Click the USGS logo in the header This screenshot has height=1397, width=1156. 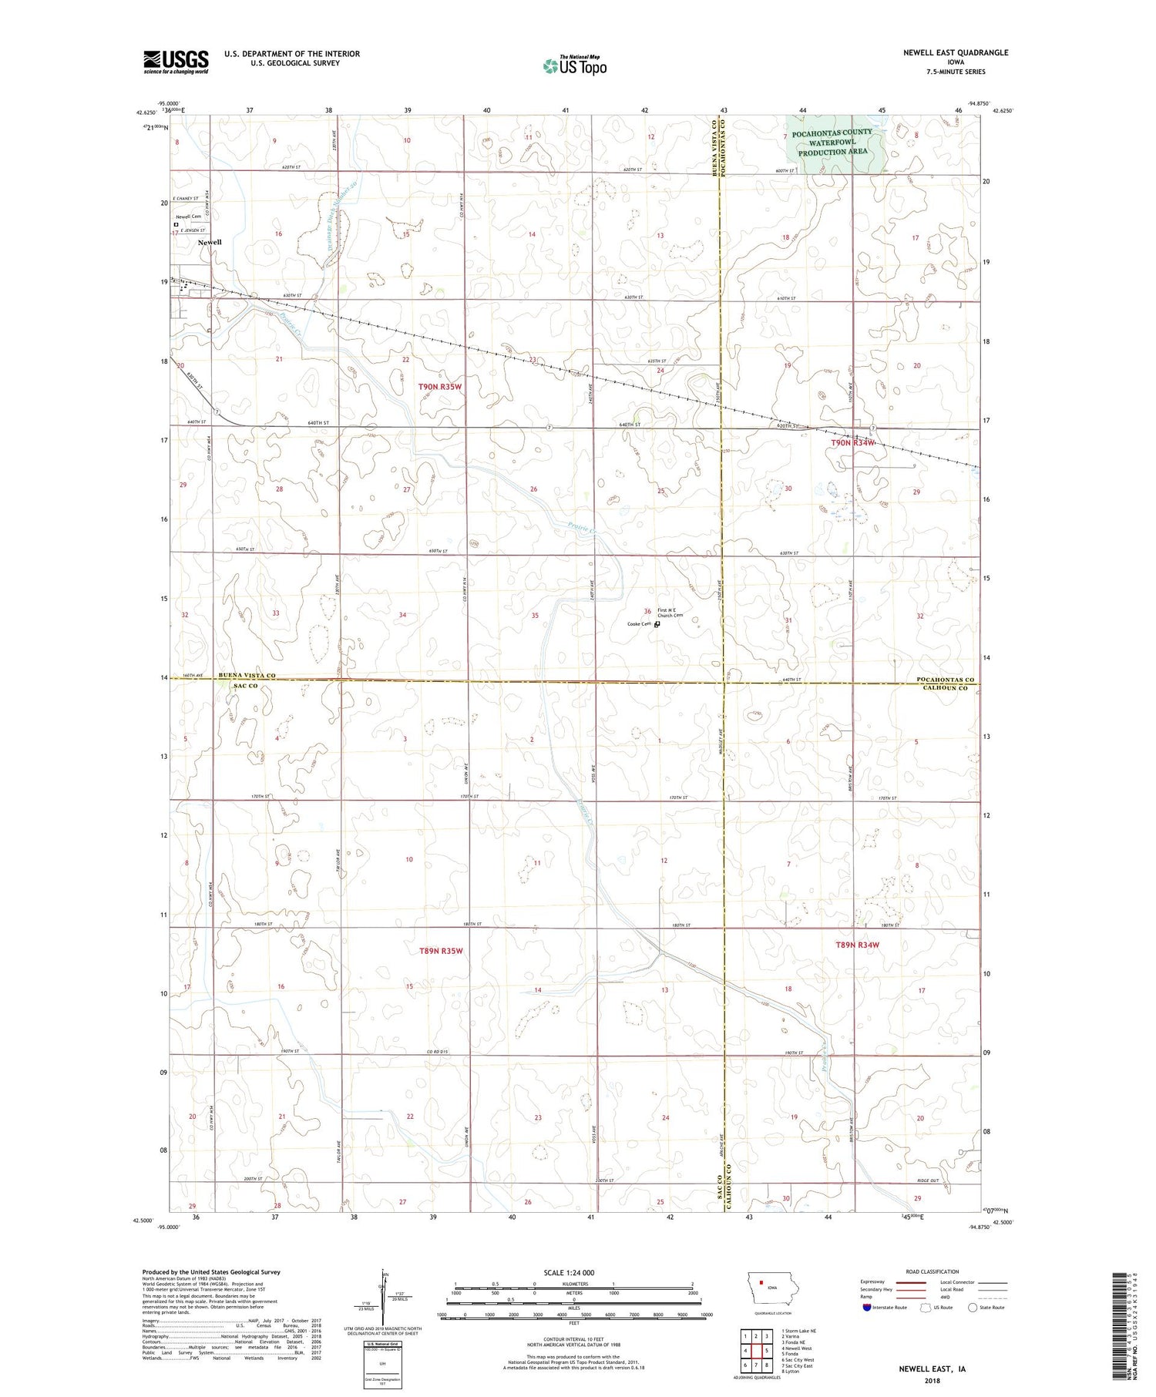tap(176, 62)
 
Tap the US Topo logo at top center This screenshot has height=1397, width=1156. tap(574, 66)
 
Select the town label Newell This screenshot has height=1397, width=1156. tap(210, 242)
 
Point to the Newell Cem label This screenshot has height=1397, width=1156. tap(188, 217)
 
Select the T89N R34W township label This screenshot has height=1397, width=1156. tap(857, 945)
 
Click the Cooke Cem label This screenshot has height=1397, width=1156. tap(639, 624)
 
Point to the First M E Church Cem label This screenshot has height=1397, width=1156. tap(670, 613)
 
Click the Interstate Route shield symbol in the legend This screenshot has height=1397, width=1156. tap(868, 1307)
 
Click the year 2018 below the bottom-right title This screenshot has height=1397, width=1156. tap(932, 1378)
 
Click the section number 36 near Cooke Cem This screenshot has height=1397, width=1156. tap(647, 611)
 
